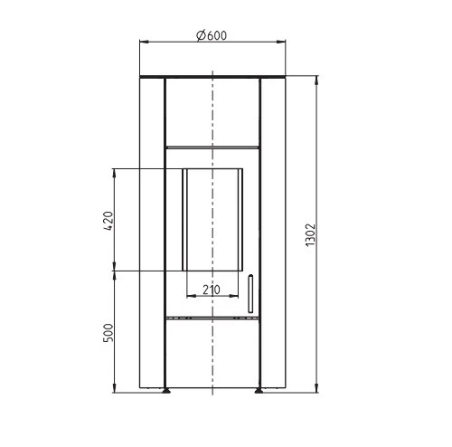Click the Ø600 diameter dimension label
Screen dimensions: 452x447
point(212,35)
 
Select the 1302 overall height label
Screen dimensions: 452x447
point(310,234)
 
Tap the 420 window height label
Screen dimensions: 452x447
point(108,221)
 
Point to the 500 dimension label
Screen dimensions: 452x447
point(108,333)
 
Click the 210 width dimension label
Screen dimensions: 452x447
point(212,290)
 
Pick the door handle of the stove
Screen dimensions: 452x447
point(250,293)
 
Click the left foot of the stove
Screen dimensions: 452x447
point(165,391)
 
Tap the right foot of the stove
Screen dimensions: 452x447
point(259,391)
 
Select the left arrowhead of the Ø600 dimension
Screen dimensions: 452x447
point(144,42)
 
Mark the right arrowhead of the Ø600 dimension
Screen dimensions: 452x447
point(281,42)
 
